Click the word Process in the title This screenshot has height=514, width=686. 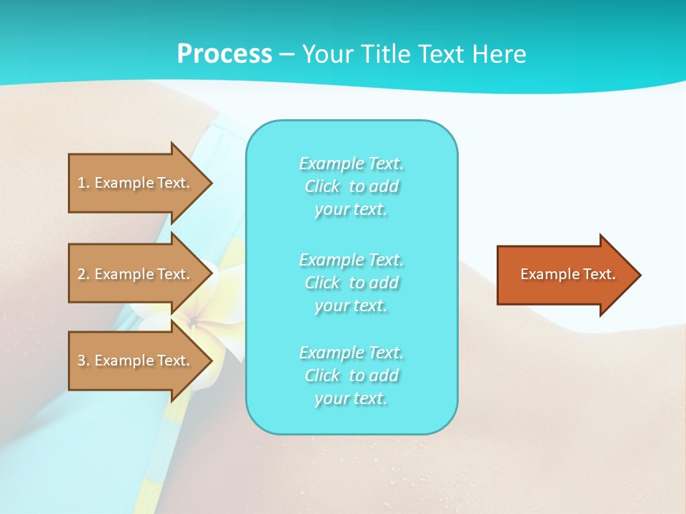click(224, 54)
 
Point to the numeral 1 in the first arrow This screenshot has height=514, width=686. click(81, 183)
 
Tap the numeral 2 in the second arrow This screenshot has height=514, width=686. click(81, 274)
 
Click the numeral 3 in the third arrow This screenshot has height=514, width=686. click(81, 361)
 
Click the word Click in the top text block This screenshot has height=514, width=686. click(322, 187)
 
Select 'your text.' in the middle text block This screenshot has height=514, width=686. click(351, 306)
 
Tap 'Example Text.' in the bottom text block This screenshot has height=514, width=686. click(351, 353)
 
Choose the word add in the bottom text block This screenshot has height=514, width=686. click(384, 376)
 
